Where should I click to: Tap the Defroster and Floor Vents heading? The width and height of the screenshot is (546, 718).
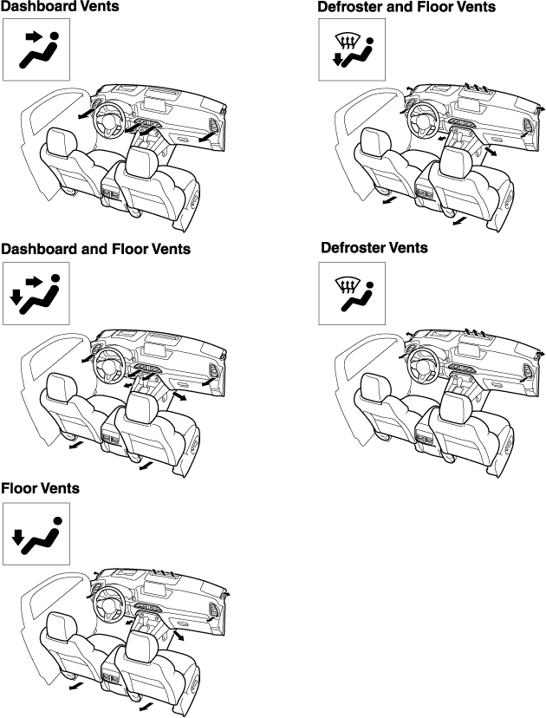pyautogui.click(x=406, y=7)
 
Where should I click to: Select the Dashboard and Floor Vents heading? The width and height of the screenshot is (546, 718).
pyautogui.click(x=95, y=249)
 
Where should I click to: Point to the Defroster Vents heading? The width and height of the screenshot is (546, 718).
pyautogui.click(x=374, y=248)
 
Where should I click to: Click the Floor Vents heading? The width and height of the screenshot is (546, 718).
pyautogui.click(x=40, y=488)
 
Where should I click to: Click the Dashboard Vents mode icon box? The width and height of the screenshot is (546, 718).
pyautogui.click(x=36, y=49)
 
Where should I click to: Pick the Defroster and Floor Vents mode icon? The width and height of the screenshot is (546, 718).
pyautogui.click(x=352, y=49)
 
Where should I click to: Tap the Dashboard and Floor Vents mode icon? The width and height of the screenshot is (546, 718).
pyautogui.click(x=36, y=293)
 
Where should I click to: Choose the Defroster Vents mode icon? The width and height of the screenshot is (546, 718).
pyautogui.click(x=352, y=293)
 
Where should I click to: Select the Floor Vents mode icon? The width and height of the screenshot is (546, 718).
pyautogui.click(x=36, y=534)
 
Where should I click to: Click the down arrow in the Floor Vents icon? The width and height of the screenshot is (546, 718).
pyautogui.click(x=17, y=537)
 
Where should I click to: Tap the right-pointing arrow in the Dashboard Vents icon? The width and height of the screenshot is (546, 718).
pyautogui.click(x=33, y=36)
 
